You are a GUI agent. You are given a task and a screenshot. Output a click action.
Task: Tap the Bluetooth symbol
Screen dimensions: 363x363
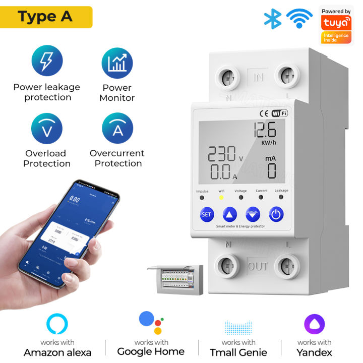(273, 19)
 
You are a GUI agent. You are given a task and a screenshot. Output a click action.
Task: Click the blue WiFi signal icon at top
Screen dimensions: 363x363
(299, 19)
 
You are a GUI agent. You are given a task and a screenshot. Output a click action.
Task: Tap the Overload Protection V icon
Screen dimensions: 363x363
(47, 129)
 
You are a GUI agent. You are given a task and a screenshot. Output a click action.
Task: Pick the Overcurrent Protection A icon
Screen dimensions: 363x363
(117, 129)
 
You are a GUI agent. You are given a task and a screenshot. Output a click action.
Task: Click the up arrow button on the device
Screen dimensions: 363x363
(229, 214)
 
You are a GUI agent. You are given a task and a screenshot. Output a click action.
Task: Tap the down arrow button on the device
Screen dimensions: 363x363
(253, 214)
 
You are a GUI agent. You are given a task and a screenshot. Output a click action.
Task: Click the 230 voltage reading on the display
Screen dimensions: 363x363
(222, 154)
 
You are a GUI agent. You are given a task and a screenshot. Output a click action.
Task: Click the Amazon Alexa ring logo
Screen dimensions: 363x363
(57, 324)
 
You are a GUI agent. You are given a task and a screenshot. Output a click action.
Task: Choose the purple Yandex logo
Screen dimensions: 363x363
(314, 324)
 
